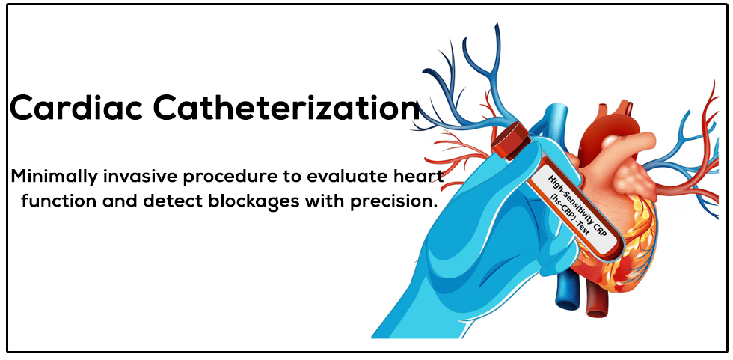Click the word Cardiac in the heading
[x=76, y=108]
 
